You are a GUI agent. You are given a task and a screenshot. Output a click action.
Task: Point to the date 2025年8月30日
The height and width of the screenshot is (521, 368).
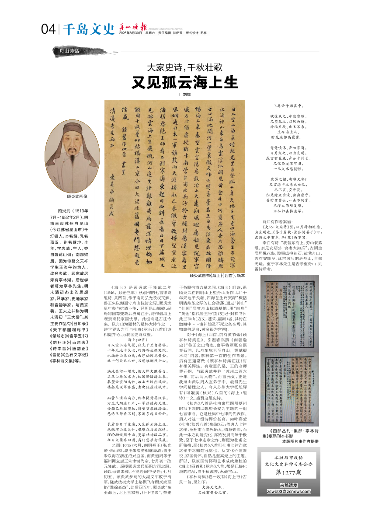point(131,33)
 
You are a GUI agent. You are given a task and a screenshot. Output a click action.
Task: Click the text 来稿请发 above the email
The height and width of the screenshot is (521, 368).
point(288,485)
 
